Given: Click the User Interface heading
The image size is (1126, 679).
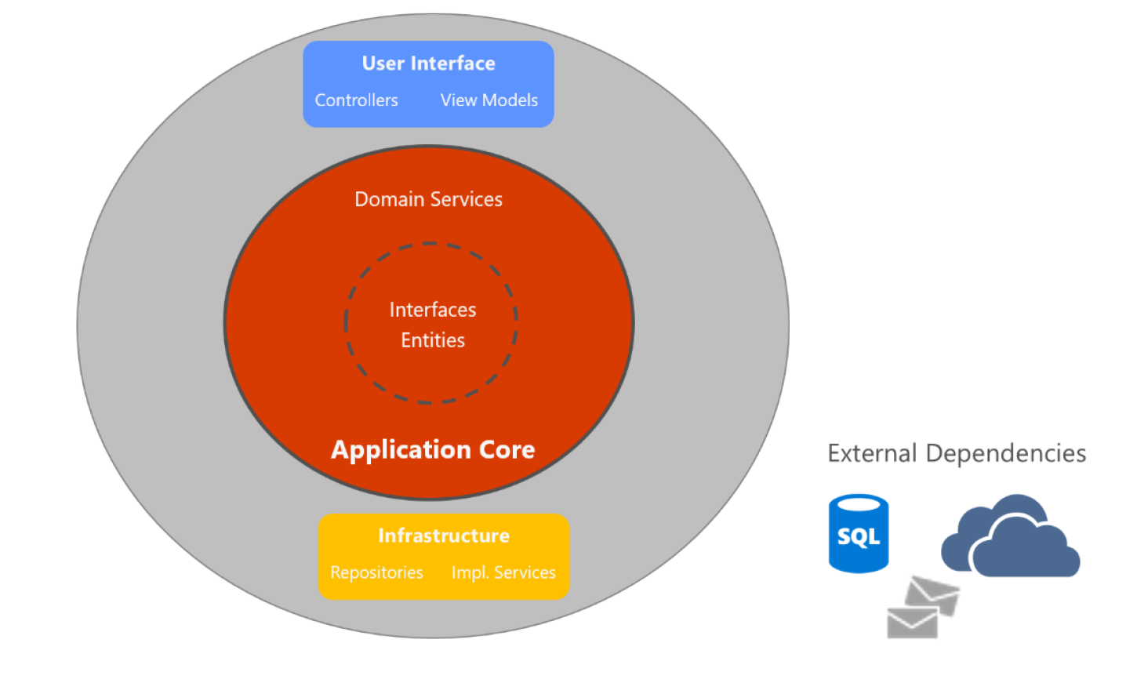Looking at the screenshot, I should coord(428,64).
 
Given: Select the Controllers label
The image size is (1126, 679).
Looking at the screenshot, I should coord(356,100).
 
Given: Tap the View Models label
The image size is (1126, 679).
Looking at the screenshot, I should coord(489,100).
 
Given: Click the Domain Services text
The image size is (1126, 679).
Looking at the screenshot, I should coord(428,199).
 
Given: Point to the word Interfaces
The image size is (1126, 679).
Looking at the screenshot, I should coord(432,310).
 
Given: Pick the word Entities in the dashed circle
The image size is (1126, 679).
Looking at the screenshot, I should coord(432,340).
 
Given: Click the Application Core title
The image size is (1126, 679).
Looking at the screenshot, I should coord(433,449).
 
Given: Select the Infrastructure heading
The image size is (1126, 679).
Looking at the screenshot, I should coord(443,536).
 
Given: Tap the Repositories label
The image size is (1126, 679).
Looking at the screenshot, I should coord(376,572).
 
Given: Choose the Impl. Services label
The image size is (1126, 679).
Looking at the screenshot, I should coord(503,572).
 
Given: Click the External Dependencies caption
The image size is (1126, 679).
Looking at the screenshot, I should coord(957,453).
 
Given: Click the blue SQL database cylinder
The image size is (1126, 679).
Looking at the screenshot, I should coord(859,534).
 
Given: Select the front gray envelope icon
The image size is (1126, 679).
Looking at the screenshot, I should coord(912,623).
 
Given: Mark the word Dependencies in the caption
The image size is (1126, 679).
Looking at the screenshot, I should coord(1005,453).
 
